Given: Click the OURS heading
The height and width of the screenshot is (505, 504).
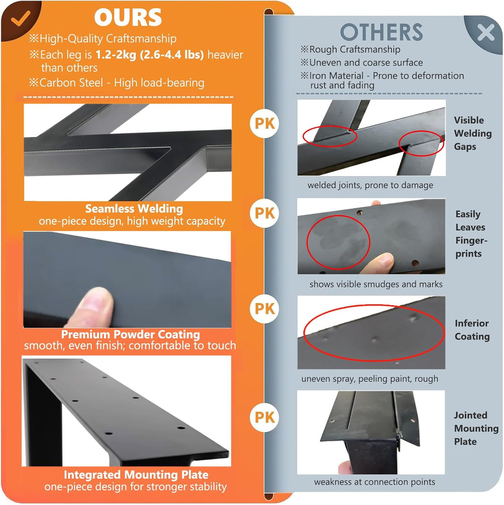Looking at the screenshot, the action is tap(128, 17).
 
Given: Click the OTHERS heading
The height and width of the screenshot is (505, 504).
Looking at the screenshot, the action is tap(381, 32).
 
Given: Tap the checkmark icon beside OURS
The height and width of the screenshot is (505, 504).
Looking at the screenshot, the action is tap(21, 18).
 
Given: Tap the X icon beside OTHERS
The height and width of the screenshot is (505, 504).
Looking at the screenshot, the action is tap(486, 32).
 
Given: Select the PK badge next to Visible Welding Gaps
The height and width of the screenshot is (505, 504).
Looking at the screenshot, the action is tap(265, 123).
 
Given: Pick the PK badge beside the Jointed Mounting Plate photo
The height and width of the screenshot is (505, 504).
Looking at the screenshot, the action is tap(265, 417).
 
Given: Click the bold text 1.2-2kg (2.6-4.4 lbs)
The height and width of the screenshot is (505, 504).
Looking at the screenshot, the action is tap(150, 55).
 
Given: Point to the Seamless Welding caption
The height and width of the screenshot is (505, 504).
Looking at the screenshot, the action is tap(134, 209).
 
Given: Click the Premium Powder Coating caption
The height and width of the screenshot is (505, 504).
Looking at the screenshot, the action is tap(131, 334).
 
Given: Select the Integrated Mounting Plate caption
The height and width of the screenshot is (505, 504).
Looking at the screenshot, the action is tap(136, 475).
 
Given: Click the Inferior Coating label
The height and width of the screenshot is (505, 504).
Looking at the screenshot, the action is tap(472, 330).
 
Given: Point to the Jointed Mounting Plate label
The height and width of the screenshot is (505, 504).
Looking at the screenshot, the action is tap(476, 428).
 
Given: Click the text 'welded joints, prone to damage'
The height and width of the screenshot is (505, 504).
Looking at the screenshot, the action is tap(371, 185).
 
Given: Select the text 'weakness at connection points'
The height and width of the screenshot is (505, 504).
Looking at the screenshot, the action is tap(375, 482).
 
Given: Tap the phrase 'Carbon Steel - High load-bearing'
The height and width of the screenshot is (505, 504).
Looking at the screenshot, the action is tap(122, 83).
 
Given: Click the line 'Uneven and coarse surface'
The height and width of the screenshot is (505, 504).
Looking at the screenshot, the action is tap(366, 62).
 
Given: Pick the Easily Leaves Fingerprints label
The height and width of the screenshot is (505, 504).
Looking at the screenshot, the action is tap(471, 234).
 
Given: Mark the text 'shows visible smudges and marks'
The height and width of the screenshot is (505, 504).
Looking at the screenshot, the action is tap(376, 284).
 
